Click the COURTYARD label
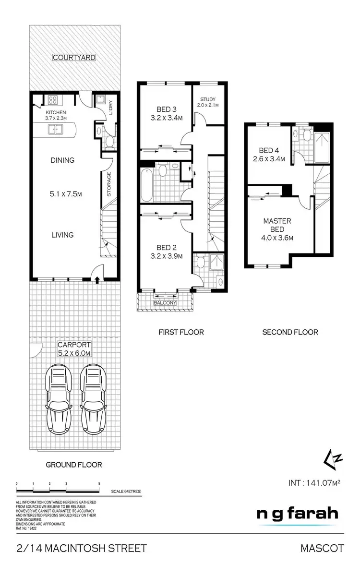[74, 58]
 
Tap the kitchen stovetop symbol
[52, 101]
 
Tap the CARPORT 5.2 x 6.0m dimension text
[74, 349]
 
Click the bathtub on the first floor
[147, 184]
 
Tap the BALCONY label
[165, 303]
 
